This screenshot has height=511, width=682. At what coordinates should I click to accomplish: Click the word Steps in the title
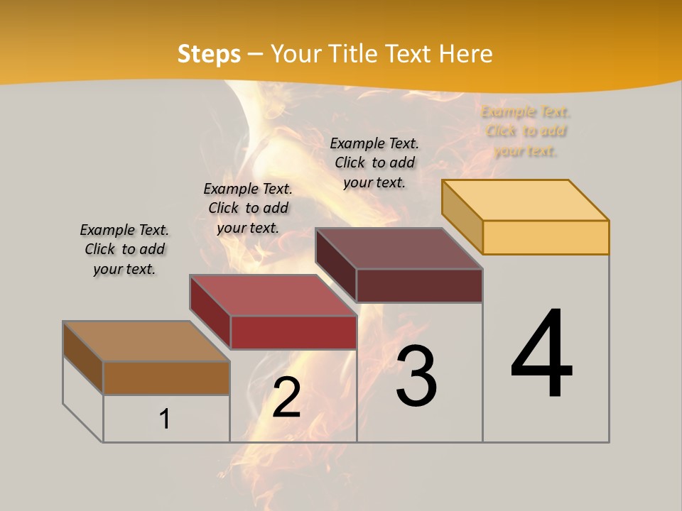(209, 54)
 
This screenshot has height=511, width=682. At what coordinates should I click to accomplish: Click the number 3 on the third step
(416, 376)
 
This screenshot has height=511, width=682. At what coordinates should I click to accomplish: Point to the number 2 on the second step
(286, 397)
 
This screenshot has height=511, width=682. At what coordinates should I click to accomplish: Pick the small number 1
(165, 419)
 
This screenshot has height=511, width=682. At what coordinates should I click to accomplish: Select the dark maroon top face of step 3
(399, 248)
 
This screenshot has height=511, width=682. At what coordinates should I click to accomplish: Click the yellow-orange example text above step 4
(526, 131)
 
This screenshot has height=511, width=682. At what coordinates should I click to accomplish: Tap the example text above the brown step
(124, 249)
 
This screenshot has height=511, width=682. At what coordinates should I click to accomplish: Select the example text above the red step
(248, 208)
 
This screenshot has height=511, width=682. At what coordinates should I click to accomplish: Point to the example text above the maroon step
(374, 163)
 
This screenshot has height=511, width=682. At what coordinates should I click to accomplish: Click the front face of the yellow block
(546, 237)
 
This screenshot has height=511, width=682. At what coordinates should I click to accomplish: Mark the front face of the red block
(293, 332)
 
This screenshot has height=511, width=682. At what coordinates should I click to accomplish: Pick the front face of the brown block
(166, 378)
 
